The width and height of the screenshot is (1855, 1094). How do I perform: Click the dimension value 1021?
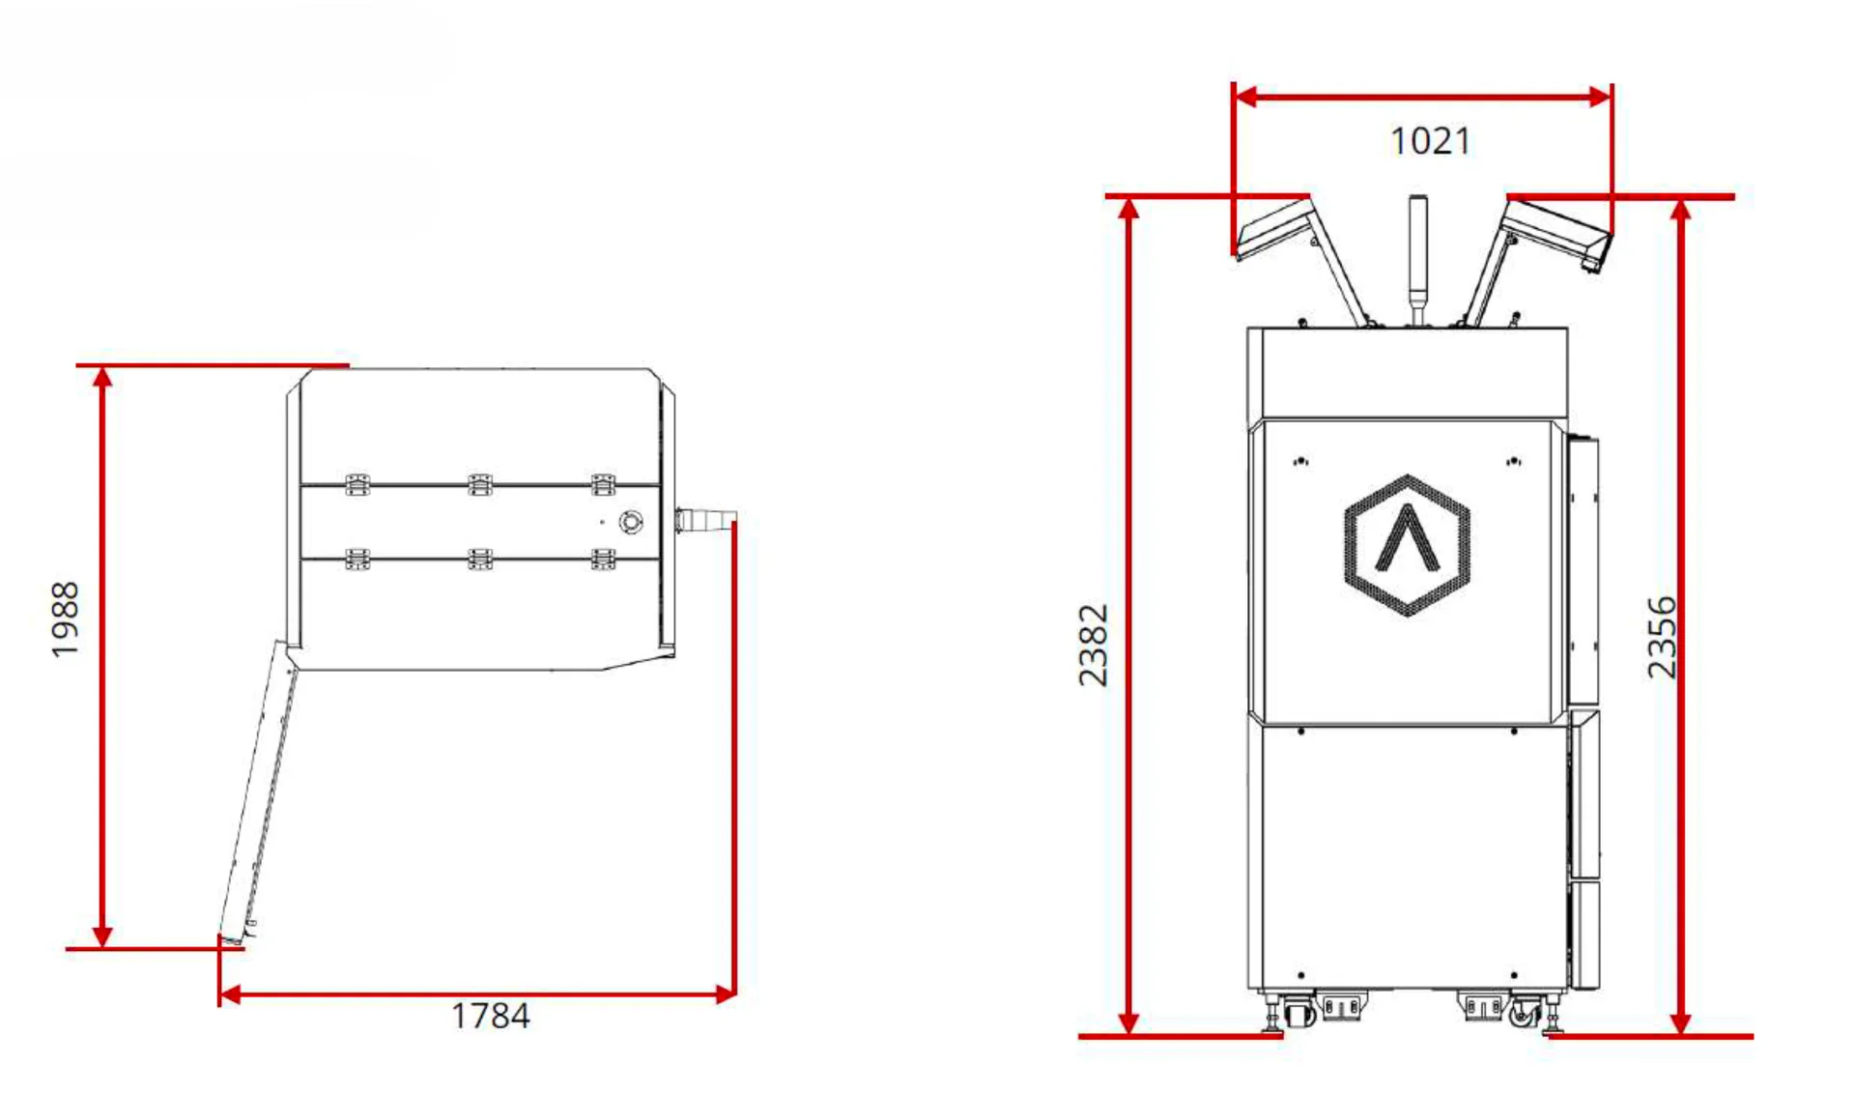coord(1430,142)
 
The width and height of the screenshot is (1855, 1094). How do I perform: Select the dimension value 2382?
coord(1094,645)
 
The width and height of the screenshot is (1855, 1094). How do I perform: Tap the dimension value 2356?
coord(1662,637)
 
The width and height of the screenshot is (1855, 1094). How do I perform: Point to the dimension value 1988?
coord(65,619)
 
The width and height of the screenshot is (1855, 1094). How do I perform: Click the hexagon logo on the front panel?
coord(1407,545)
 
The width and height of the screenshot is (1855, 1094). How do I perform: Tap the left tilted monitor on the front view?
coord(1273,229)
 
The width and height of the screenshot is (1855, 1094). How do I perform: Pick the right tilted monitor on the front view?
coord(1557,230)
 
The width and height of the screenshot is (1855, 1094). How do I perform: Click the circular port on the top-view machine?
coord(631,522)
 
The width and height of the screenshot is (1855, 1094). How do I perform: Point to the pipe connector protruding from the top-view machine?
coord(705,520)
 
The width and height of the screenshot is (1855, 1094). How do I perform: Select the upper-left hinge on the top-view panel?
coord(357,484)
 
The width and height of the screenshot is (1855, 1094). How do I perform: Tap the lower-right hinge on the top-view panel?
coord(603,559)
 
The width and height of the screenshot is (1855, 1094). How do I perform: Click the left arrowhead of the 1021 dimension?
coord(1246,97)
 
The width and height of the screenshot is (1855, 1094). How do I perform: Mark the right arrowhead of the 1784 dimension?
coord(725,994)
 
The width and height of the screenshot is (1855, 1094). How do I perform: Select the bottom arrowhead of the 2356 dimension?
coord(1681,1022)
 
